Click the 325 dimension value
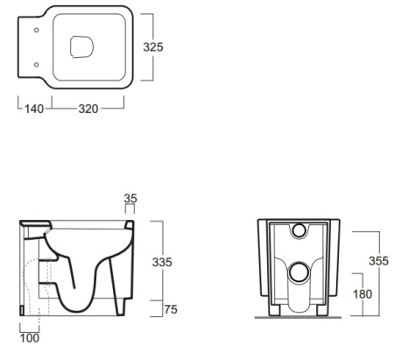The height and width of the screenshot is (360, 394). pos(153,47)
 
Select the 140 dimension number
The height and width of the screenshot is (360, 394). pos(34,109)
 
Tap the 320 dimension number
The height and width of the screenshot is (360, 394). pos(88,109)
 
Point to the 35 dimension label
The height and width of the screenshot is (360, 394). pos(130,199)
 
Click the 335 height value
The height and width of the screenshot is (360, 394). pos(162,262)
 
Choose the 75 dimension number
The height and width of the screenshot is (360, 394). pos(171,309)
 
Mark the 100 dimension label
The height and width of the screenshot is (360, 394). pos(30,338)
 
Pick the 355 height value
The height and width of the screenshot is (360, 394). pos(378,261)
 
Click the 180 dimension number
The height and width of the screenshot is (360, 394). pos(362,294)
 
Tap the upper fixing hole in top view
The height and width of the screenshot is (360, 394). pos(37,30)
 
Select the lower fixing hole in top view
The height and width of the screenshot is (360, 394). pos(37,65)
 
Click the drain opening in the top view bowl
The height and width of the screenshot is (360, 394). pos(81,47)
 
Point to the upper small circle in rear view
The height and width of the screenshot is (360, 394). pos(299,230)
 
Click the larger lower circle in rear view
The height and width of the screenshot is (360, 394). pos(299,272)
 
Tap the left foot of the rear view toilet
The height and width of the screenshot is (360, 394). pos(274,308)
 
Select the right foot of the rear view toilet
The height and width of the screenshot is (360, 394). pos(323,308)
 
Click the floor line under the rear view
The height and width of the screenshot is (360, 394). pos(298,317)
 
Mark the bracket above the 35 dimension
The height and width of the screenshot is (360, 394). pos(130,205)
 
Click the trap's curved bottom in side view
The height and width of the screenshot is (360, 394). pos(76,311)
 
